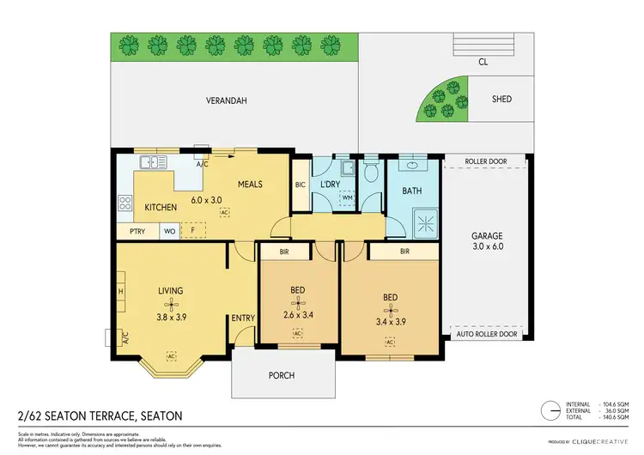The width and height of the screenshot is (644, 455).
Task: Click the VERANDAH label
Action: point(227,100)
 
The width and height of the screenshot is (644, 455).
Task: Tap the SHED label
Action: point(501,100)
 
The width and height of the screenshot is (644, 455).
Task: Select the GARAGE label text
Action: point(487,235)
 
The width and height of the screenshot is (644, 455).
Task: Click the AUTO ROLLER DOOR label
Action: point(487,335)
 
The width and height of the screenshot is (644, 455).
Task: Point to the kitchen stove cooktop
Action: point(125,203)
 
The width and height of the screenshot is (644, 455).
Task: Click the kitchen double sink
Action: point(151,161)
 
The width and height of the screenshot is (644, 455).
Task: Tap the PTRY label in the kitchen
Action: point(137,231)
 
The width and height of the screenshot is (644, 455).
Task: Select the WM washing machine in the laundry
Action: point(348,197)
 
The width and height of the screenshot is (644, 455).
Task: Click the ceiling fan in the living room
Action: point(172,304)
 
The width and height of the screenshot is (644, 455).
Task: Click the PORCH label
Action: point(282,375)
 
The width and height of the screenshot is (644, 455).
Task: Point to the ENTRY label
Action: point(243,318)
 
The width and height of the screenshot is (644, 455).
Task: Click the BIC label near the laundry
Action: point(301,184)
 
